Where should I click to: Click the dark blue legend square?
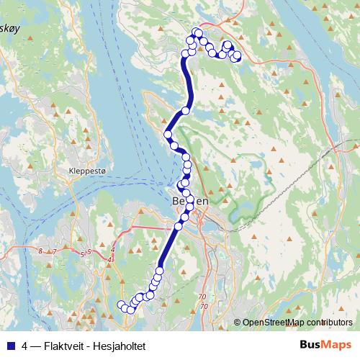click(12, 344)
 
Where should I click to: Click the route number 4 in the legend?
click(25, 344)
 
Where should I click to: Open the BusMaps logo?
click(325, 344)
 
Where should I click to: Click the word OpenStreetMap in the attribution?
click(274, 323)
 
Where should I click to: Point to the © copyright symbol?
click(238, 323)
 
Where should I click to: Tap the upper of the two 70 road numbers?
click(202, 296)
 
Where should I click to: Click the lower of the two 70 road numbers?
click(204, 307)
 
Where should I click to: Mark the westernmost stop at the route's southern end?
click(121, 304)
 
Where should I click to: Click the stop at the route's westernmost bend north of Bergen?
click(168, 134)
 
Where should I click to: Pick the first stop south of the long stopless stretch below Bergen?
click(159, 271)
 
